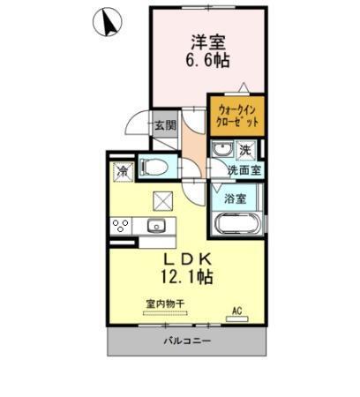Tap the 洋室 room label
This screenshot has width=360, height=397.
tap(206, 41)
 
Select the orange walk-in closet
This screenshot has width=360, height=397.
tap(237, 115)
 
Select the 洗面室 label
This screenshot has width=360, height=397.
tap(244, 169)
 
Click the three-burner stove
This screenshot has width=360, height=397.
tap(121, 225)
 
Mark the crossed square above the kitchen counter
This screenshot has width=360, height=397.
tap(162, 199)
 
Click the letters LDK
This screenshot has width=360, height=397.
tap(185, 259)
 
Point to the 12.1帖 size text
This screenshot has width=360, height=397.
tap(185, 277)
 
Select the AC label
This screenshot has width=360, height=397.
tap(236, 309)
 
